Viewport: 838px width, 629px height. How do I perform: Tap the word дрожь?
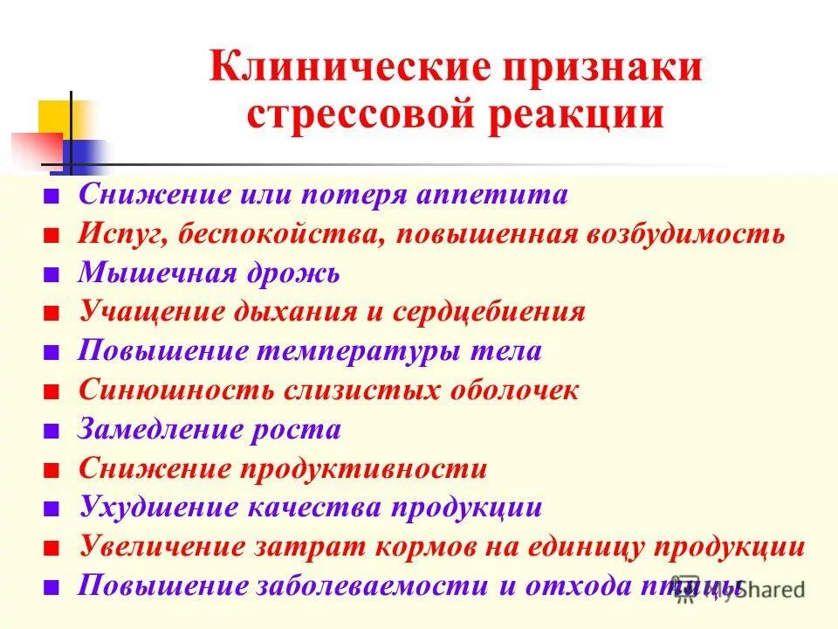292,273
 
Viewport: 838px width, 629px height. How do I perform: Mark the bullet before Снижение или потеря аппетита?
53,196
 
